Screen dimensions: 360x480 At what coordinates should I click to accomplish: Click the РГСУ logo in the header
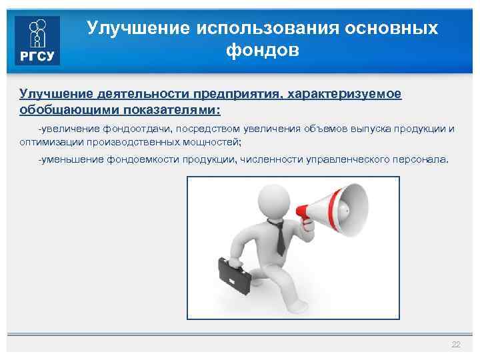pos(37,40)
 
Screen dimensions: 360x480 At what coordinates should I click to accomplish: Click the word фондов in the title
pos(263,50)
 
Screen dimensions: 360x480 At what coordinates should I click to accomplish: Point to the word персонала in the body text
pos(425,160)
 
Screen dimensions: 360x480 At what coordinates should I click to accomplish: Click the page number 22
pos(456,344)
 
